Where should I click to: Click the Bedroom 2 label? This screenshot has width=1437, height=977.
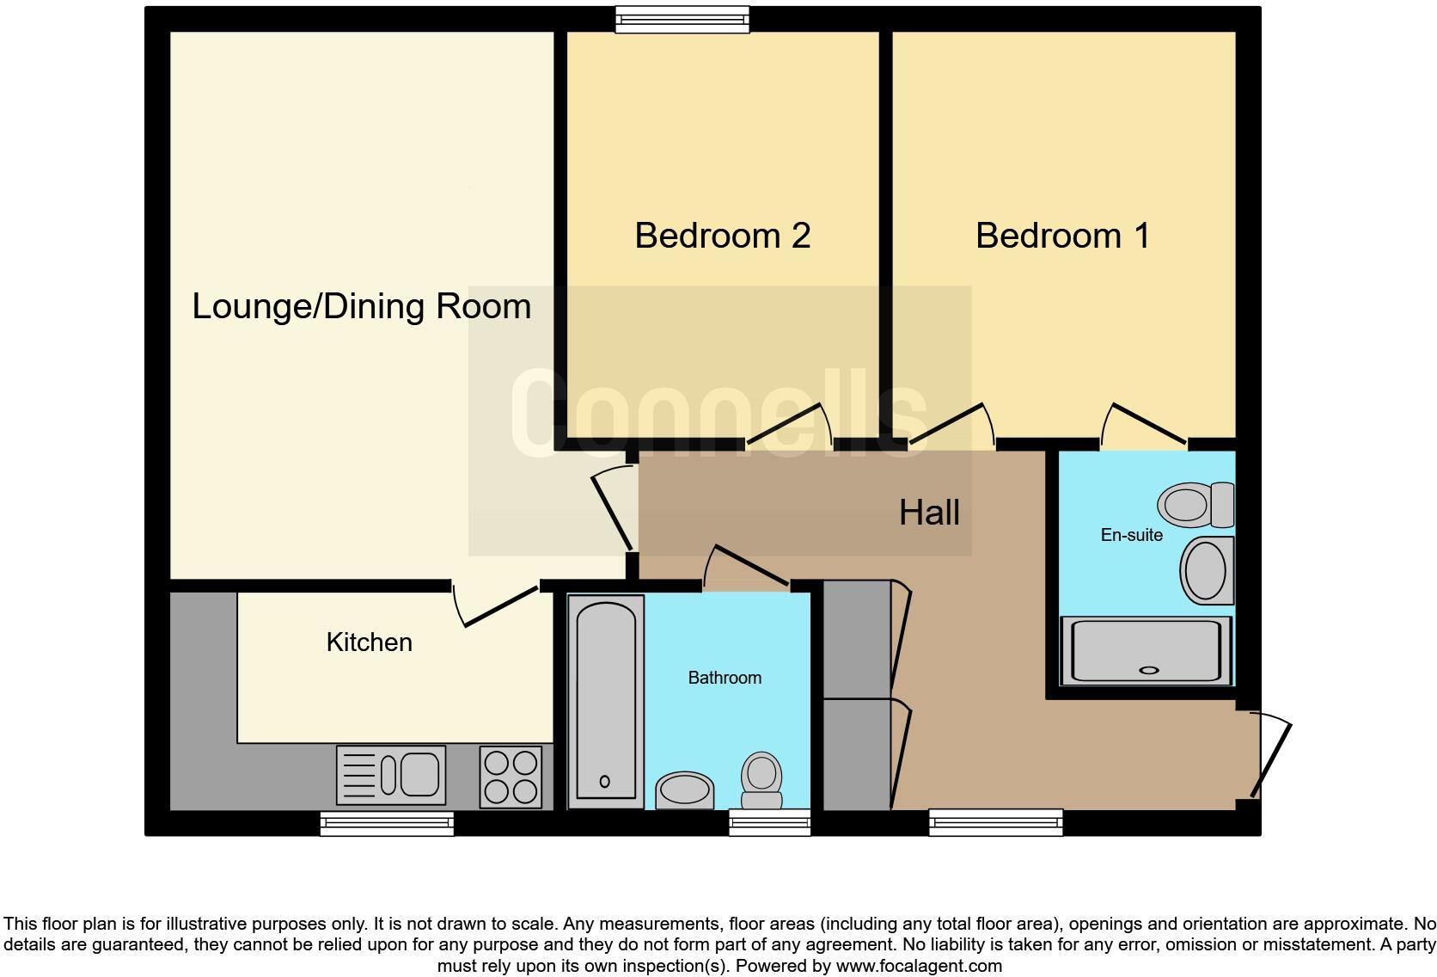point(722,236)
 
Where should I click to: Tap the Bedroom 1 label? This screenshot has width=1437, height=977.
point(1062,236)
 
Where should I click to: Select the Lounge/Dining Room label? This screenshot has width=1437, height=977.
point(361,307)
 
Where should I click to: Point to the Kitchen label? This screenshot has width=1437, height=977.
point(369,642)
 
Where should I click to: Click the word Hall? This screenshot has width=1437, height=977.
point(928,513)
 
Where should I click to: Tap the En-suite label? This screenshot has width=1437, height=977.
point(1131,535)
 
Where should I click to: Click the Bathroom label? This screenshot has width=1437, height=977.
point(725,678)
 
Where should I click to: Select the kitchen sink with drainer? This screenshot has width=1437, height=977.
point(391,775)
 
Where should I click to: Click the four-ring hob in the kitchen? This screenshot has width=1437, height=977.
point(511,777)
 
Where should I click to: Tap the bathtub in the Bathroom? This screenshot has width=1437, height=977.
point(606,701)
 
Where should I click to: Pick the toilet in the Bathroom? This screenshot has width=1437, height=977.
point(761,779)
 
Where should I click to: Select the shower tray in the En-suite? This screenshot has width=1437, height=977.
point(1147,652)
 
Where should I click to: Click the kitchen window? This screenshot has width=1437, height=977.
point(387,824)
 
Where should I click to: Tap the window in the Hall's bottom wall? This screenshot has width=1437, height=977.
point(995,823)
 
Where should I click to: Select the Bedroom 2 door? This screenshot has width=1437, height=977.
point(789,427)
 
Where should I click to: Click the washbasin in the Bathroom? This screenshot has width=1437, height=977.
point(685,790)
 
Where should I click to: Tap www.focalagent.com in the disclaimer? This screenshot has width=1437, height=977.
point(918,966)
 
